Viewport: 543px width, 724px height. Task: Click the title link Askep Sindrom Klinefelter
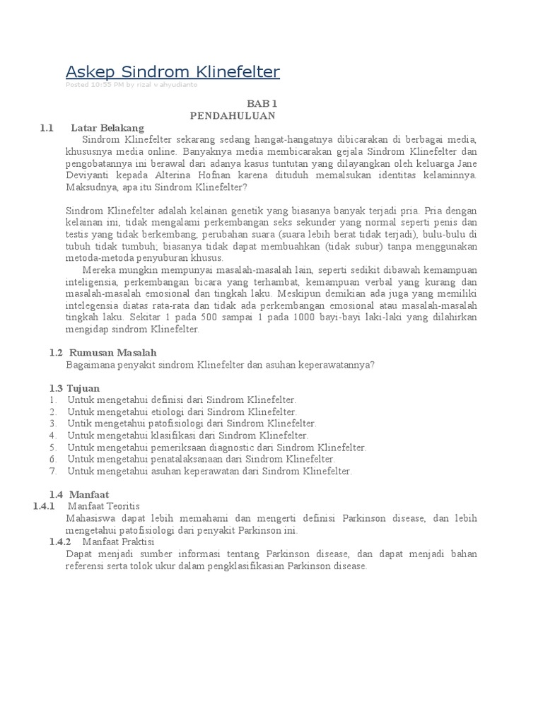point(173,71)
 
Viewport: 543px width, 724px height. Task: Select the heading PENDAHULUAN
point(233,115)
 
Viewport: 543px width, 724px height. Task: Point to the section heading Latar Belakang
point(107,128)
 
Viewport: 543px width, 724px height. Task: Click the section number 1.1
point(47,128)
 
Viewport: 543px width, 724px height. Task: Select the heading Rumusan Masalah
point(113,352)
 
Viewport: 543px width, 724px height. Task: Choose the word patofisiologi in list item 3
point(173,424)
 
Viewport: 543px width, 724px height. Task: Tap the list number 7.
point(52,471)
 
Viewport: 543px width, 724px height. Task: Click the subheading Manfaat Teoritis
point(104,506)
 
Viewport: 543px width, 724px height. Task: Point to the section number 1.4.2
point(60,542)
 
